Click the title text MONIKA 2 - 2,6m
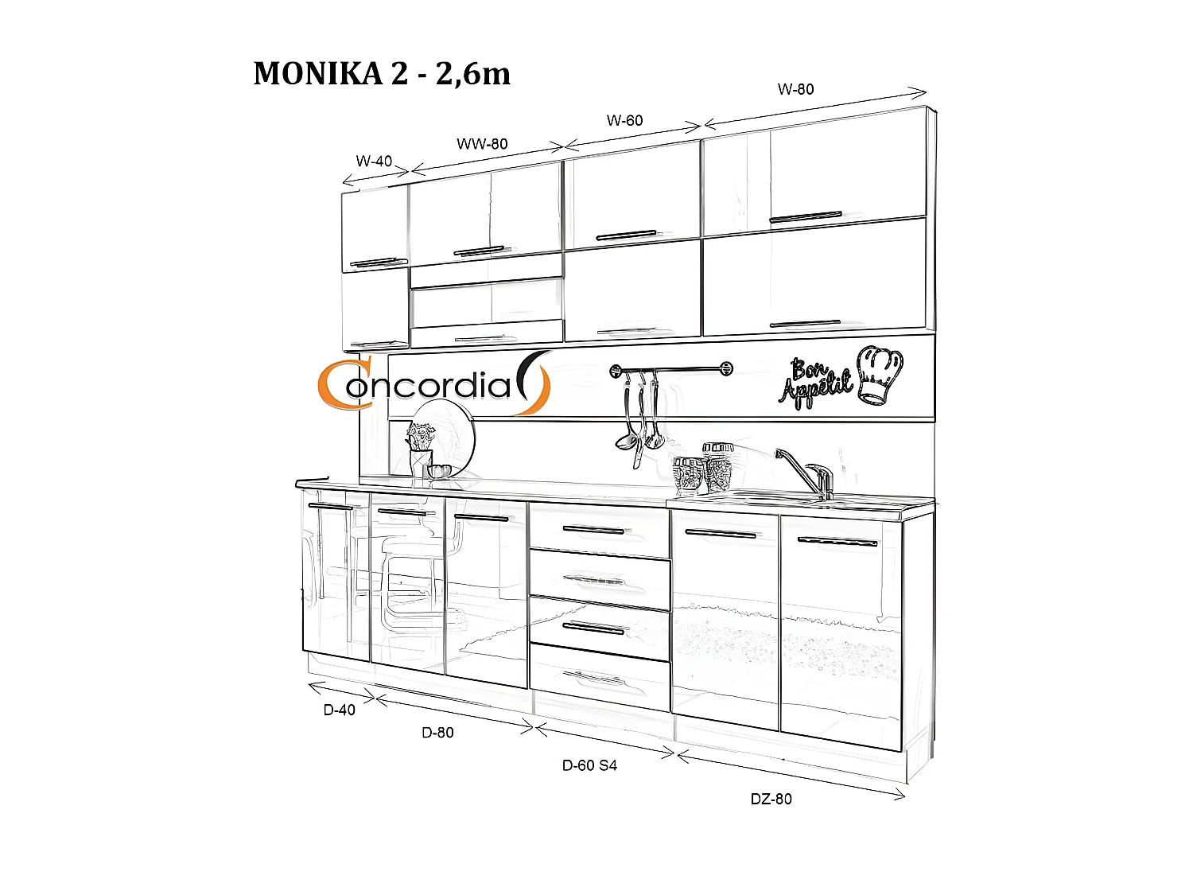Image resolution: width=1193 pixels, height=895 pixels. click(382, 74)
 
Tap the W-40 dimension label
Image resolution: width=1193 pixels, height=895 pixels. click(374, 161)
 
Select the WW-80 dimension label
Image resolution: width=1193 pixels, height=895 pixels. click(482, 144)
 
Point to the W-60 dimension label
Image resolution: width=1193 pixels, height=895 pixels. click(624, 120)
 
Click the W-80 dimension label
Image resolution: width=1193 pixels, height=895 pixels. click(795, 89)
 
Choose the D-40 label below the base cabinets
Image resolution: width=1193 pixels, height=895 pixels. click(339, 710)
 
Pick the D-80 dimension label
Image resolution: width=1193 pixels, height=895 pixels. click(437, 733)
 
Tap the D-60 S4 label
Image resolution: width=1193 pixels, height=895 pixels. click(589, 765)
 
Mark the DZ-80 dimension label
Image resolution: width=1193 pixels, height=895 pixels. click(771, 799)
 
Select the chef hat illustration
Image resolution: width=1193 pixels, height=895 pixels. click(880, 376)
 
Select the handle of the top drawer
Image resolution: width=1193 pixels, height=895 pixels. click(593, 530)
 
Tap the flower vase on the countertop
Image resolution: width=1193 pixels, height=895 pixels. click(422, 450)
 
